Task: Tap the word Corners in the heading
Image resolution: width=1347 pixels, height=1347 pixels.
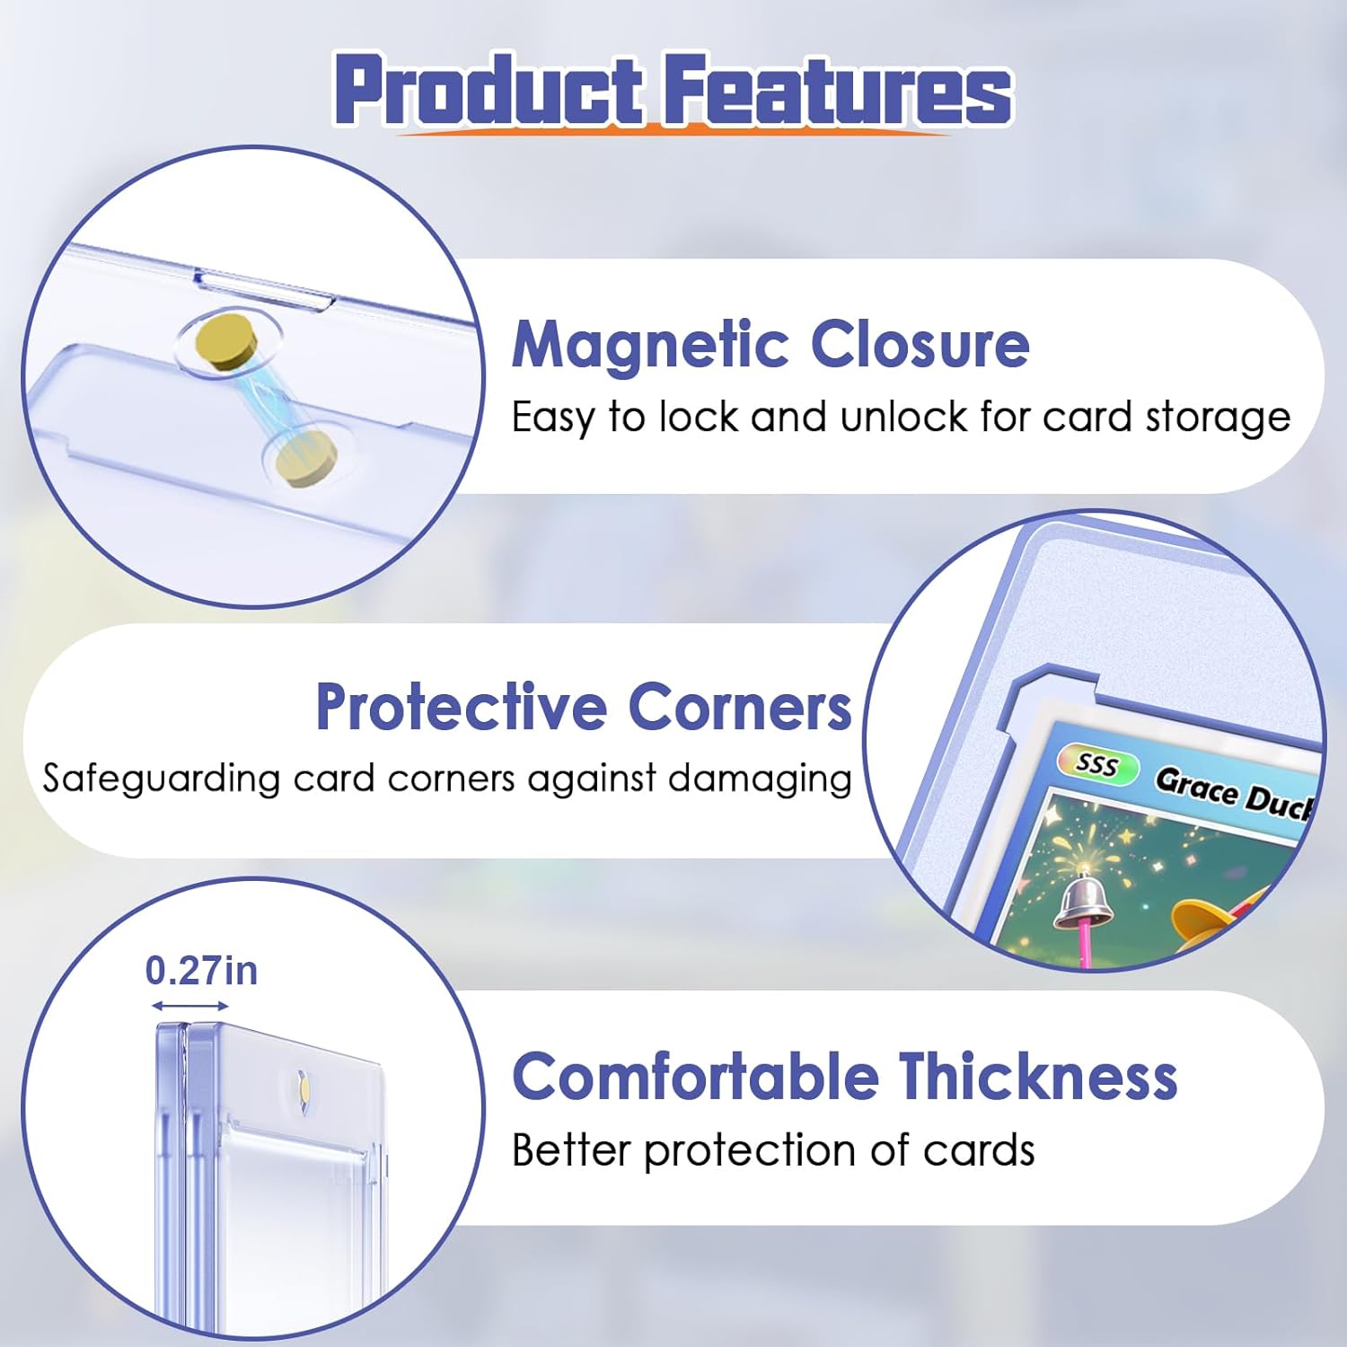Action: pos(739,708)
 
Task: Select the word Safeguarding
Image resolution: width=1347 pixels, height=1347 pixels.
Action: pos(162,779)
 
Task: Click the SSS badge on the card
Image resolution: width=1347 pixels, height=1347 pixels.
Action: pos(1096,765)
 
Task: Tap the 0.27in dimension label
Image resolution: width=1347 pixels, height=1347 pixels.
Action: pos(201,971)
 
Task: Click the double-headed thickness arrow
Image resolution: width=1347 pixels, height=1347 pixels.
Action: pos(189,1006)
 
